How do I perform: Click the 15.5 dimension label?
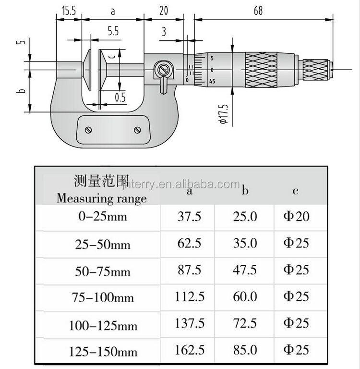point(69,11)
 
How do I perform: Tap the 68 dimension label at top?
point(258,11)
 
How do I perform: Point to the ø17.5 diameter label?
point(224,114)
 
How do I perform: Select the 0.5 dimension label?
point(120,98)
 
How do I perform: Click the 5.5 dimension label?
point(113,31)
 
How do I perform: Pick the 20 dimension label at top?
point(164,11)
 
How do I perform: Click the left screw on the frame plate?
point(88,130)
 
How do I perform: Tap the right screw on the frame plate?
point(137,130)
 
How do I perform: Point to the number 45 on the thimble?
point(212,81)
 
